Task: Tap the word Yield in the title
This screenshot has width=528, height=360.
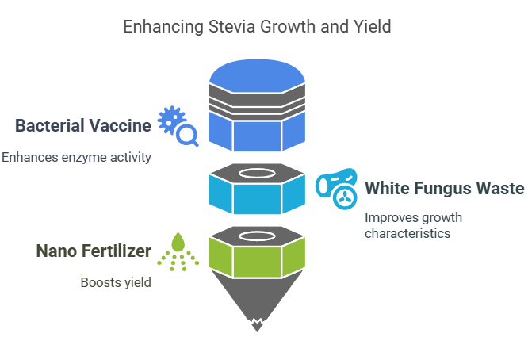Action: (x=372, y=27)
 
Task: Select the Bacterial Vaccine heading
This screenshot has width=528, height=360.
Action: (x=83, y=125)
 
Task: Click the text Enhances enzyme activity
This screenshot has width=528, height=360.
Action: (x=76, y=157)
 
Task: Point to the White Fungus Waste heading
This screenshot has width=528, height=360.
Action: (x=445, y=188)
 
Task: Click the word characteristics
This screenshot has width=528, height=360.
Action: (x=407, y=233)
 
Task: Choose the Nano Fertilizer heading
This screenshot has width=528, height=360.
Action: (x=94, y=251)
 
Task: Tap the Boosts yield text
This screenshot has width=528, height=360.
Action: (x=116, y=282)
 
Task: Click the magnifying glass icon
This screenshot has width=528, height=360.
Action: (x=187, y=136)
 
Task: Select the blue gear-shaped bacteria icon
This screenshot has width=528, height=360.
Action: (x=170, y=120)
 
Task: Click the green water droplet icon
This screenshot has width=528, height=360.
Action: (x=178, y=242)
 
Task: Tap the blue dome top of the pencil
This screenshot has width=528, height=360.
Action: (x=257, y=76)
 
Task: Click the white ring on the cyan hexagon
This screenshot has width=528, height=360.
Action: (x=257, y=174)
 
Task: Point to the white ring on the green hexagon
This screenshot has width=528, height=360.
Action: (x=257, y=236)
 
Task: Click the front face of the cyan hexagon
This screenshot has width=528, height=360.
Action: (x=257, y=199)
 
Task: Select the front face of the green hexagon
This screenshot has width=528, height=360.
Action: (x=257, y=262)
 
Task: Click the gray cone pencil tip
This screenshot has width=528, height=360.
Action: (x=257, y=301)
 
